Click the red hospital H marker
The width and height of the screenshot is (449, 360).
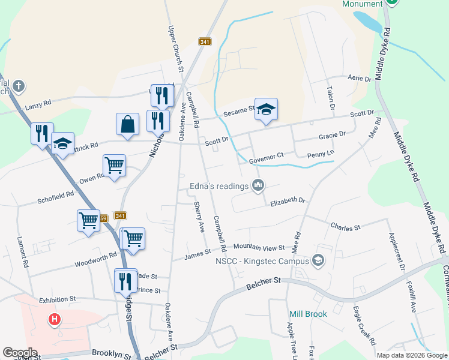(55, 320)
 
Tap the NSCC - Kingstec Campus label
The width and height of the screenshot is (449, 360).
(262, 260)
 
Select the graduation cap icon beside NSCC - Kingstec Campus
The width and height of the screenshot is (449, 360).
(318, 260)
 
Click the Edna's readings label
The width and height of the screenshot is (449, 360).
(218, 186)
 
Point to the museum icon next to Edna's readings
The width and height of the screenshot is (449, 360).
(258, 185)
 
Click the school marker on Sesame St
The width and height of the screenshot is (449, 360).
(266, 110)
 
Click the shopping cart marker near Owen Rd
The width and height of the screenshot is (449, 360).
(114, 165)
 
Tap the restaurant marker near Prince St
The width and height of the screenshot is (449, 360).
(125, 280)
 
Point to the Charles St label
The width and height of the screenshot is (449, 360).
(345, 227)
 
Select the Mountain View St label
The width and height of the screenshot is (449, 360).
(259, 247)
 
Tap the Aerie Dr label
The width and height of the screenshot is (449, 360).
(361, 78)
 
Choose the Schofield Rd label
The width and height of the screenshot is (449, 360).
(55, 196)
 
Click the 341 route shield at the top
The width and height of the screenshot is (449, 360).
(205, 41)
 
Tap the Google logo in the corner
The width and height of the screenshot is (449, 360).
(20, 353)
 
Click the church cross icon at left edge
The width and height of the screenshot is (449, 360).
(19, 85)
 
